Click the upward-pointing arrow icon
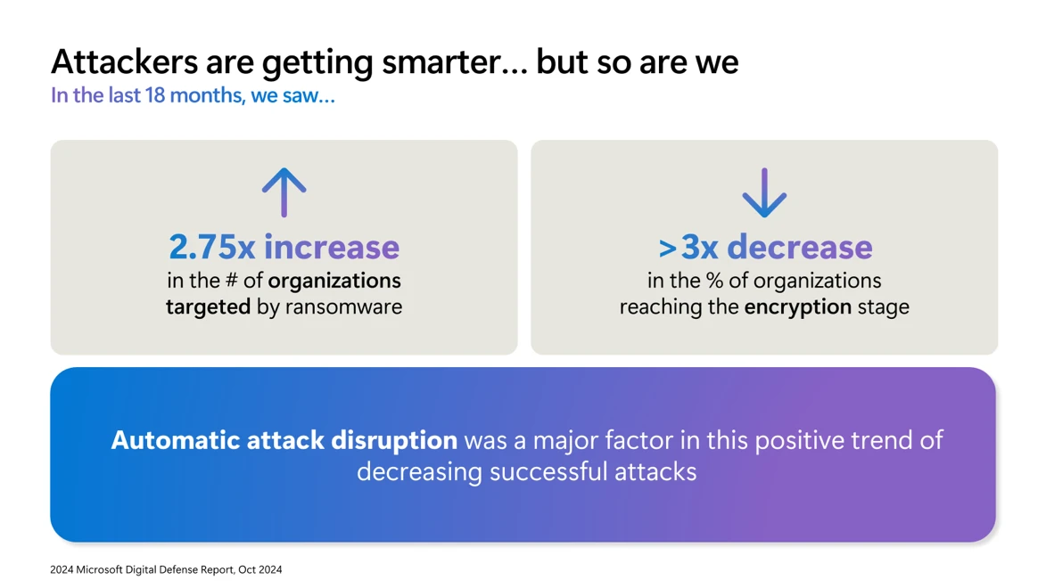[284, 192]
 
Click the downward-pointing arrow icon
[764, 192]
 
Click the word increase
[332, 247]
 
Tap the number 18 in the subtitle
[155, 95]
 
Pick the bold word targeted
[208, 306]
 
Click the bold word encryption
[798, 306]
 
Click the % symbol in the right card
[713, 281]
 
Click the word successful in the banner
[549, 471]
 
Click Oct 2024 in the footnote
[259, 569]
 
